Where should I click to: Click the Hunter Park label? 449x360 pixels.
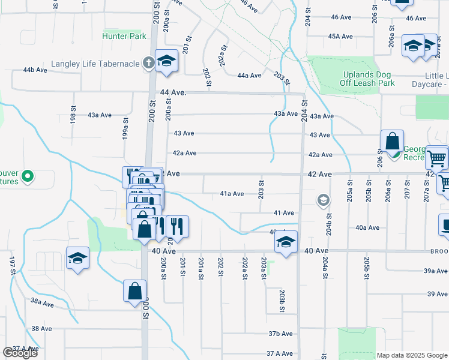pyautogui.click(x=124, y=36)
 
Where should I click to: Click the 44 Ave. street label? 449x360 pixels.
pyautogui.click(x=174, y=93)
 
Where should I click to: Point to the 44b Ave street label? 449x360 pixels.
pyautogui.click(x=35, y=70)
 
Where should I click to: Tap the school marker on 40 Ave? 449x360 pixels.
pyautogui.click(x=286, y=243)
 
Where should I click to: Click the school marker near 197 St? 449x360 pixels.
pyautogui.click(x=78, y=259)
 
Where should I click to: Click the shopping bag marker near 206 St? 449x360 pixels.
pyautogui.click(x=392, y=142)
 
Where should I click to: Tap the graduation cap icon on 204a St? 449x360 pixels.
pyautogui.click(x=324, y=200)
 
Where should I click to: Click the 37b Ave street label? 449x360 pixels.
pyautogui.click(x=280, y=334)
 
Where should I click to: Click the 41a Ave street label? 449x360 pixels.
pyautogui.click(x=232, y=194)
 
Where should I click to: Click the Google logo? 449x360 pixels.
pyautogui.click(x=20, y=352)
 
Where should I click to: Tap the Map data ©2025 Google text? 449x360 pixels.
pyautogui.click(x=411, y=355)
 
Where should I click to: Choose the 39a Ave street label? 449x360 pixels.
pyautogui.click(x=436, y=271)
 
